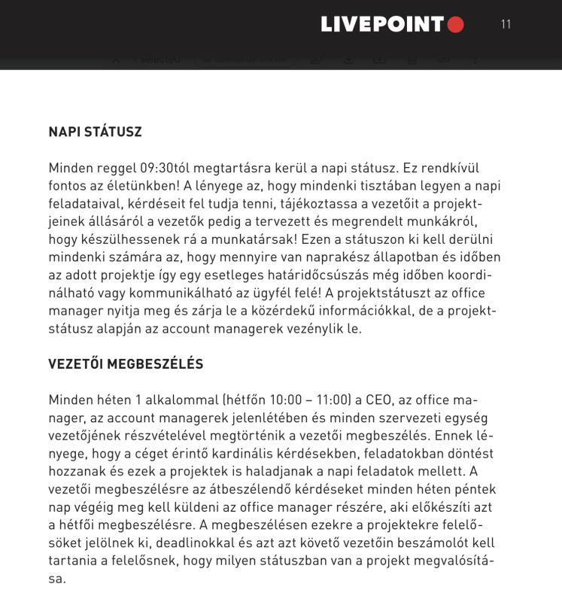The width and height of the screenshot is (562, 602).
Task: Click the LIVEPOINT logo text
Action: click(382, 25)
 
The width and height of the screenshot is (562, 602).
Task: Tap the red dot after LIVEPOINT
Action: click(455, 25)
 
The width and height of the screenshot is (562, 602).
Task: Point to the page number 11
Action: click(506, 24)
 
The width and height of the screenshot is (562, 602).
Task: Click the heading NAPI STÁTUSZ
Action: click(95, 132)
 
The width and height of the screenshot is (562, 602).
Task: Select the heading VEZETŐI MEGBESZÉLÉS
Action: click(126, 364)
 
